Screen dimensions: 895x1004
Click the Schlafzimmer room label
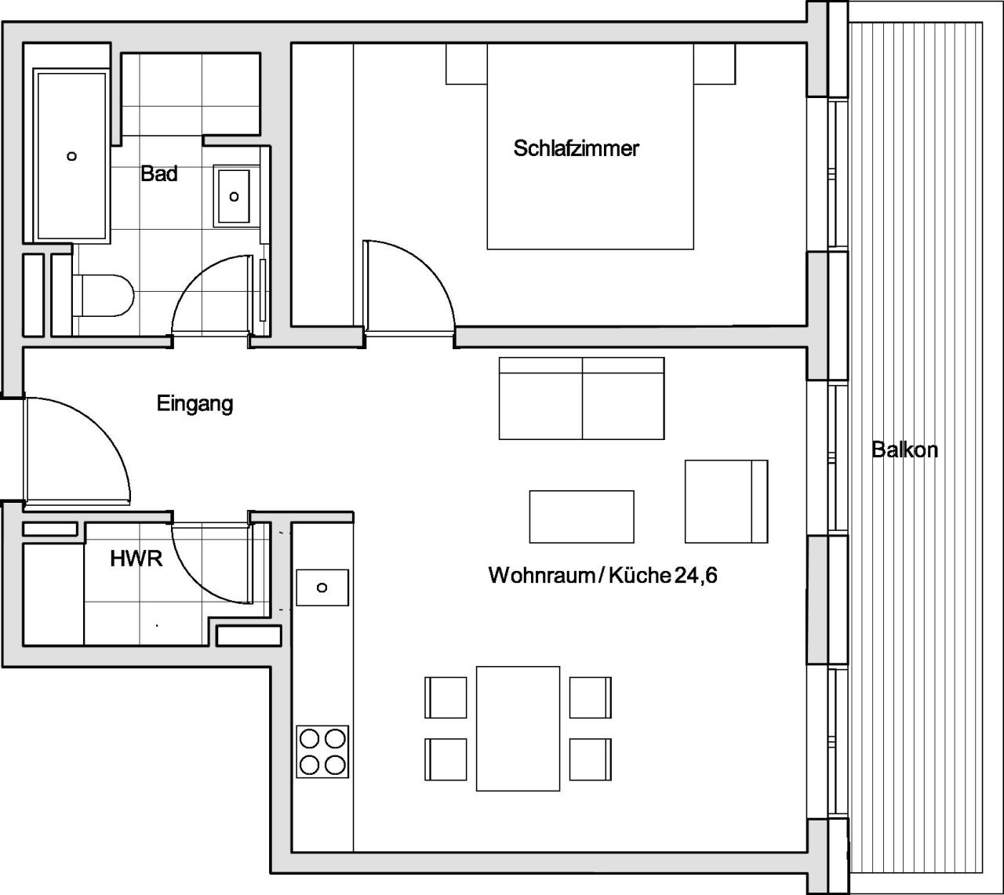[x=576, y=148]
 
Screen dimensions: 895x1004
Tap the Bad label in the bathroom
[x=159, y=173]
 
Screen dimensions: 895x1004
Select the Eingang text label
[x=195, y=404]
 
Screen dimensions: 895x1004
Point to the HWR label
[x=136, y=559]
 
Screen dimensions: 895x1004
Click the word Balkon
[x=904, y=450]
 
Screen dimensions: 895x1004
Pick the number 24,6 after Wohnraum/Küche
[x=696, y=576]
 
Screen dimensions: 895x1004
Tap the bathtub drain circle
[x=72, y=156]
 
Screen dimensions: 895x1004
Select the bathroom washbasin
[x=234, y=196]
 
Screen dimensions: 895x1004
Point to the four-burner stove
[x=322, y=751]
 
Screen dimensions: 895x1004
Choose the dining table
[x=518, y=729]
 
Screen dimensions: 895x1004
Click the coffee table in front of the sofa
[x=581, y=516]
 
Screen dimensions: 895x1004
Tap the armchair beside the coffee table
[x=726, y=501]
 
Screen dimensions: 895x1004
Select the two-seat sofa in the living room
[x=581, y=398]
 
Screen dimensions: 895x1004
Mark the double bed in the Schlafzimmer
[x=590, y=157]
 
